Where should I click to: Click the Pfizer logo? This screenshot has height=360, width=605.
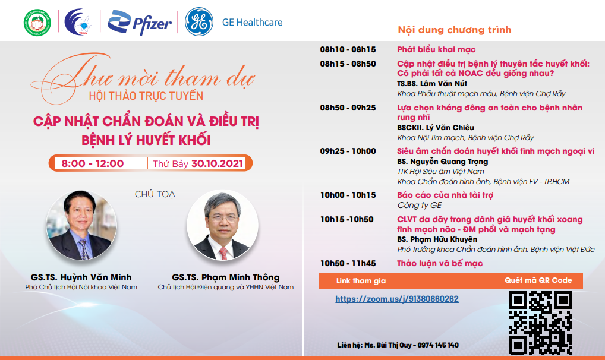(139, 23)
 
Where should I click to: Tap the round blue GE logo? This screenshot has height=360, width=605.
(199, 21)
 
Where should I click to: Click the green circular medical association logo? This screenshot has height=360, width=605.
(37, 23)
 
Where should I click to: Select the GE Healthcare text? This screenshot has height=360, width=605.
(253, 23)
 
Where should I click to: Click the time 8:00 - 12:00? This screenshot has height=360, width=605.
(93, 163)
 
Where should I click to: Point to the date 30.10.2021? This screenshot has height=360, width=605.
(218, 163)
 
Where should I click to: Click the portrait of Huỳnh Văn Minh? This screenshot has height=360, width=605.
(81, 225)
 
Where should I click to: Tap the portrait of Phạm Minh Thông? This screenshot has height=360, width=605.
(223, 225)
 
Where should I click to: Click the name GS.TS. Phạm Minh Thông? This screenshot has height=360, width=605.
(226, 277)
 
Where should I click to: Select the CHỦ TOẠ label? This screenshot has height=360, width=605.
(155, 194)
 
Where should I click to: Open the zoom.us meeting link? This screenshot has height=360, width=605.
(397, 299)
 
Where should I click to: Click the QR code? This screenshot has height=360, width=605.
(540, 323)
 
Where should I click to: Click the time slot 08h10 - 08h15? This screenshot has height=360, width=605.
(348, 49)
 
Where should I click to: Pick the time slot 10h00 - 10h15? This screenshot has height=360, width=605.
(348, 195)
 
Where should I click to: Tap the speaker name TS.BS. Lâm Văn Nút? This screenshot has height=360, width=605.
(432, 84)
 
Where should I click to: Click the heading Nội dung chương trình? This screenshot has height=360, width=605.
(455, 30)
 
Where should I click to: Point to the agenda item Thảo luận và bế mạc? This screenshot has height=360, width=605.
(440, 263)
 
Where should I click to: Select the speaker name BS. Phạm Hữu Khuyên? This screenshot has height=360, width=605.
(437, 239)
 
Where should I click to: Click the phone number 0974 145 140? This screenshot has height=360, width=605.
(438, 345)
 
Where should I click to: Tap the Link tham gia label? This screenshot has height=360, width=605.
(361, 281)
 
